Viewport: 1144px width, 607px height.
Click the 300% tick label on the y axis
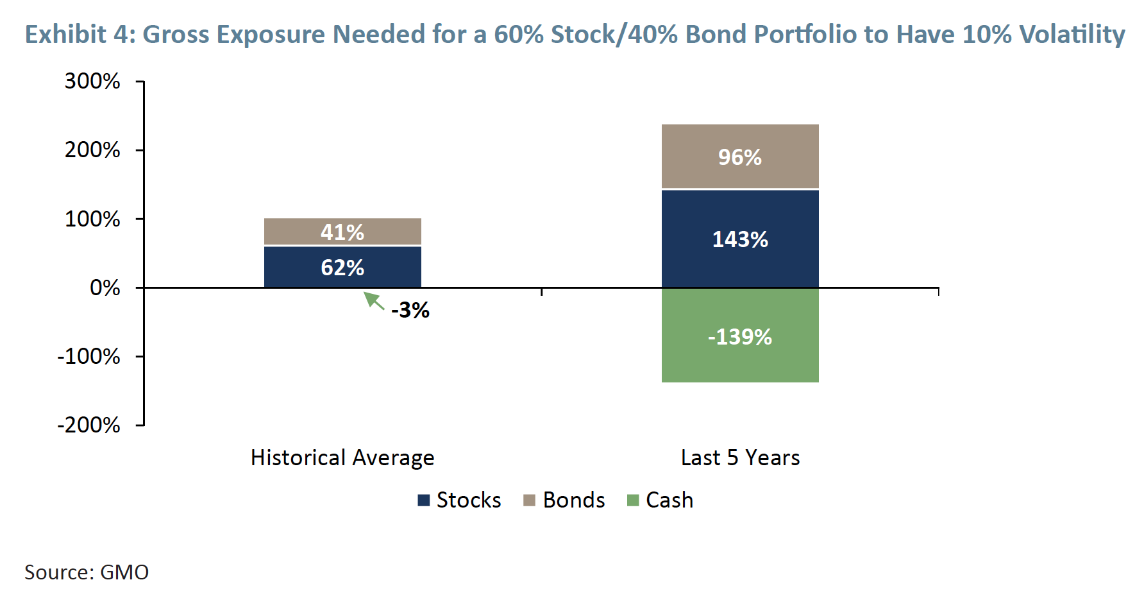click(92, 81)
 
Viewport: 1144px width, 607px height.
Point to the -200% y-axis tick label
click(88, 425)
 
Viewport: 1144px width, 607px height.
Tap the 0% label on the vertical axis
click(105, 287)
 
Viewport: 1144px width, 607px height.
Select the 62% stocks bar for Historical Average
click(342, 267)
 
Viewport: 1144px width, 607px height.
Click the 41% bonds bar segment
click(342, 232)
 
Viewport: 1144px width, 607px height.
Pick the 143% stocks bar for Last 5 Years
click(740, 239)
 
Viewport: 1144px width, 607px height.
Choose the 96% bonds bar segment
click(740, 157)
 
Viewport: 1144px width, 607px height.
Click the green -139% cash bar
click(740, 336)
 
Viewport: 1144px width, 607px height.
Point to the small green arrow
click(374, 300)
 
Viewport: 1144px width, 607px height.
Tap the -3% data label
click(410, 311)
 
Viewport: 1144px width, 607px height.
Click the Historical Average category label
click(342, 457)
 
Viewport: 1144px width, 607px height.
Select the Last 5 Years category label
click(740, 457)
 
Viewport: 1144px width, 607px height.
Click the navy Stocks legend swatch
click(423, 500)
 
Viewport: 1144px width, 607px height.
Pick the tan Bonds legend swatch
click(529, 500)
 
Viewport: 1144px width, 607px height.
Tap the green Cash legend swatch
click(633, 500)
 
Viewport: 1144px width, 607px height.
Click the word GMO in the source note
click(124, 572)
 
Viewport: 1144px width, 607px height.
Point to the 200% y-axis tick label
click(92, 150)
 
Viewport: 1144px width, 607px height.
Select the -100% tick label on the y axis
click(88, 356)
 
